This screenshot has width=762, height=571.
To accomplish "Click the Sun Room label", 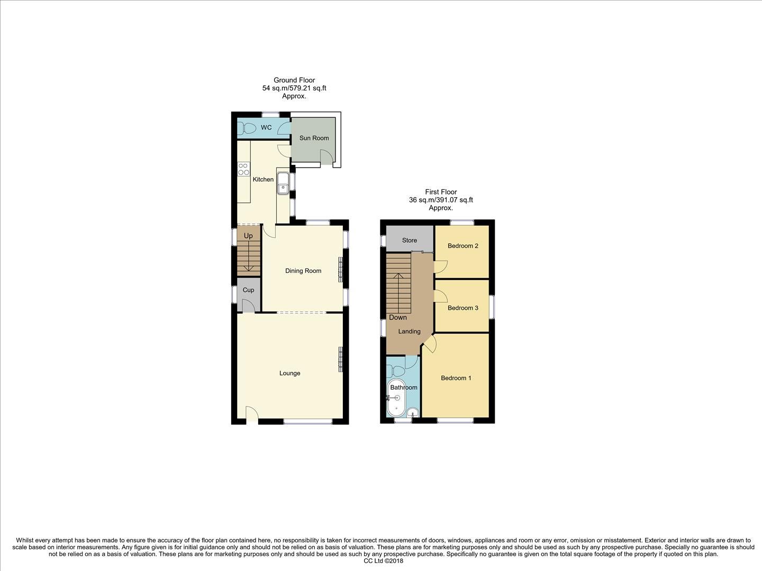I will tap(314, 138).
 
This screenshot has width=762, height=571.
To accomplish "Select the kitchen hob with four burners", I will tap(243, 169).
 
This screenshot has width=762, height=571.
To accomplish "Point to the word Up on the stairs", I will tap(248, 236).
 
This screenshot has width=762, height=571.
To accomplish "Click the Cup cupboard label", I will tap(248, 290).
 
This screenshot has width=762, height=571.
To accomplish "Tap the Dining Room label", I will tap(303, 271).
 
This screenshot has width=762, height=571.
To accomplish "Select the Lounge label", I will tap(289, 373).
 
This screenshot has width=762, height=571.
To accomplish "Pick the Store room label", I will tap(409, 240).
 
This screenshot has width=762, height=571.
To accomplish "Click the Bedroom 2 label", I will tap(463, 246).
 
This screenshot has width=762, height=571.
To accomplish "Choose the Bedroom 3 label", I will tap(463, 308).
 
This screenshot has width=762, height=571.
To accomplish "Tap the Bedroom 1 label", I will tap(456, 378).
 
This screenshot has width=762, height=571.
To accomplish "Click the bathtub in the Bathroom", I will tap(396, 398).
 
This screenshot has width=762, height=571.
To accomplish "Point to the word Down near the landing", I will tap(398, 317).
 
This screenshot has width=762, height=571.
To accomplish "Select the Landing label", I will tap(409, 331).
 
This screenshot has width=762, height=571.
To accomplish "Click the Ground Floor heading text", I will tap(294, 80).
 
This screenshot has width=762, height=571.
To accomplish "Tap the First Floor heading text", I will tap(441, 192).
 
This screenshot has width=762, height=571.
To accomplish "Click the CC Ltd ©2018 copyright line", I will tap(384, 561).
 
